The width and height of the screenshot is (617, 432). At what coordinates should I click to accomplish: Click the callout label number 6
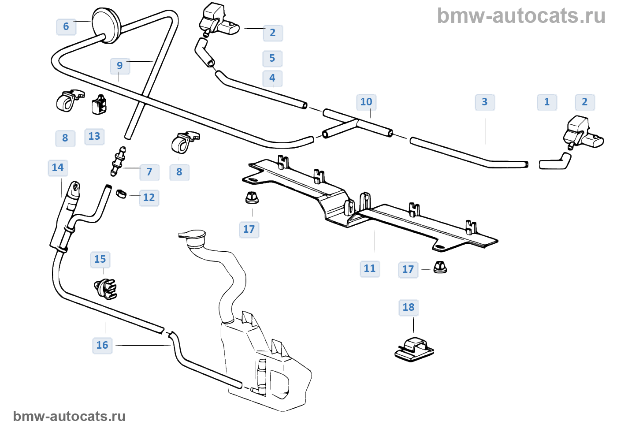coord(66,26)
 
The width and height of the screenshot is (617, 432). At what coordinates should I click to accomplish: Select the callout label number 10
coord(366,102)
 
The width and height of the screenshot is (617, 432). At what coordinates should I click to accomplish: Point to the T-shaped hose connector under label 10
coord(357,125)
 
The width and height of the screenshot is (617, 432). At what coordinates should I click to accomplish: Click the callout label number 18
coord(409,307)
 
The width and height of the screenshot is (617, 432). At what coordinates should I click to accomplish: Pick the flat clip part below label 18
coord(414,349)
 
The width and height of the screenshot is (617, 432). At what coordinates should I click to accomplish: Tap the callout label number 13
coord(94,136)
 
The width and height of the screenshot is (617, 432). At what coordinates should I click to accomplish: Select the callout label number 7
coord(149,171)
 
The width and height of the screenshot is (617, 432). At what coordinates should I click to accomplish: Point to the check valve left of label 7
coord(118,161)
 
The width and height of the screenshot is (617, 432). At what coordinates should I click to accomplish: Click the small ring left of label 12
coord(121,193)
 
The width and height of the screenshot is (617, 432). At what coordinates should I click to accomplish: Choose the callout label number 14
coord(58,168)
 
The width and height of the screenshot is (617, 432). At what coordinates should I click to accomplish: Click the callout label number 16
coord(102,345)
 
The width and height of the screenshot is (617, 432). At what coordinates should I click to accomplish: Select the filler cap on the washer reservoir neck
coord(192,236)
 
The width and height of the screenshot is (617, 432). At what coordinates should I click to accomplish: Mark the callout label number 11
coord(370,268)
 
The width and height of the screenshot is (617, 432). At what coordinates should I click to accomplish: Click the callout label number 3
coord(485,102)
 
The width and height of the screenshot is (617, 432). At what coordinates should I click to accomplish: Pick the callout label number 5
coord(272,58)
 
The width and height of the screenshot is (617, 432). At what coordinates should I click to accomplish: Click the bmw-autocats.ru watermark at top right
coord(521,16)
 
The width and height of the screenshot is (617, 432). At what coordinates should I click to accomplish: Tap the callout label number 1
coord(547,102)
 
